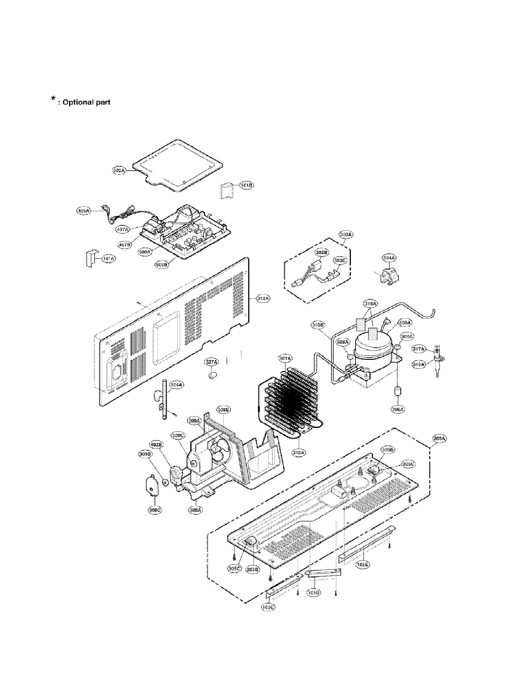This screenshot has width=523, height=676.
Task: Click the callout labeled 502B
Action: click(x=161, y=265)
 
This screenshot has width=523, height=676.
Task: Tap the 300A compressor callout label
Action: click(x=405, y=323)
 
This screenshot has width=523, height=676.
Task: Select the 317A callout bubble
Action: click(x=419, y=349)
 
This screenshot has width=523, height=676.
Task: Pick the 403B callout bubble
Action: click(x=164, y=445)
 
